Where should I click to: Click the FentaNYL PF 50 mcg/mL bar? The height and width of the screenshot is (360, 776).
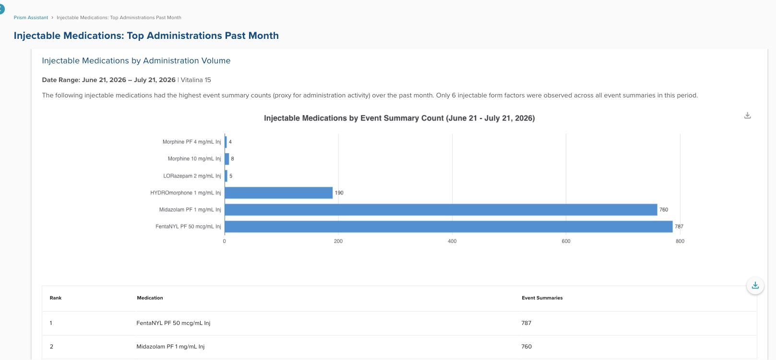tap(449, 227)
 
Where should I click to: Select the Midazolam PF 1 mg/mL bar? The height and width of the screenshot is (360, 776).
tap(441, 210)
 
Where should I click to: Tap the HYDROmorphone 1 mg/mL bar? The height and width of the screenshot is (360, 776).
tap(278, 192)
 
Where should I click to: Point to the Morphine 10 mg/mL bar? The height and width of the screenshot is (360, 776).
tap(227, 159)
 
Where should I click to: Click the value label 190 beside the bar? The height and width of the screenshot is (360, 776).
tap(339, 192)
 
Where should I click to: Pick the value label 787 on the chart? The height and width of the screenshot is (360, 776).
tap(679, 227)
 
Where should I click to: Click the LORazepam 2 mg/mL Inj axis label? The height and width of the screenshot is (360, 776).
tap(192, 176)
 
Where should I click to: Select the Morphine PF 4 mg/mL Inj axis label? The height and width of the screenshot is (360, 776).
tap(191, 142)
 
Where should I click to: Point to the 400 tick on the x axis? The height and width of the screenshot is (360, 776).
tap(452, 241)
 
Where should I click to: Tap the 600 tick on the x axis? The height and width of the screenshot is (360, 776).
tap(566, 241)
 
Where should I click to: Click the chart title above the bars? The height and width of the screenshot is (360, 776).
tap(399, 118)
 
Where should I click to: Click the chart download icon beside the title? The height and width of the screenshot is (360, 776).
tap(748, 115)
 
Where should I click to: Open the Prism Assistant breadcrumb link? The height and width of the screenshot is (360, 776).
tap(31, 18)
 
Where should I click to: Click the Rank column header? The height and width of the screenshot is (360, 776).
tap(56, 298)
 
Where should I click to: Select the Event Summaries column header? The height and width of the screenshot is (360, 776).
tap(542, 298)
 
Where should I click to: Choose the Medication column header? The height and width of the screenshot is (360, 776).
tap(150, 298)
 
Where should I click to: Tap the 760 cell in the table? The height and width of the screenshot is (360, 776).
tap(526, 347)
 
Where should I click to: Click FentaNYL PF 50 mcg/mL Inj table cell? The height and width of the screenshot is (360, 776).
tap(173, 323)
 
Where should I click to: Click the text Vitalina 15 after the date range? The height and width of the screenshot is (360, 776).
tap(196, 80)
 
